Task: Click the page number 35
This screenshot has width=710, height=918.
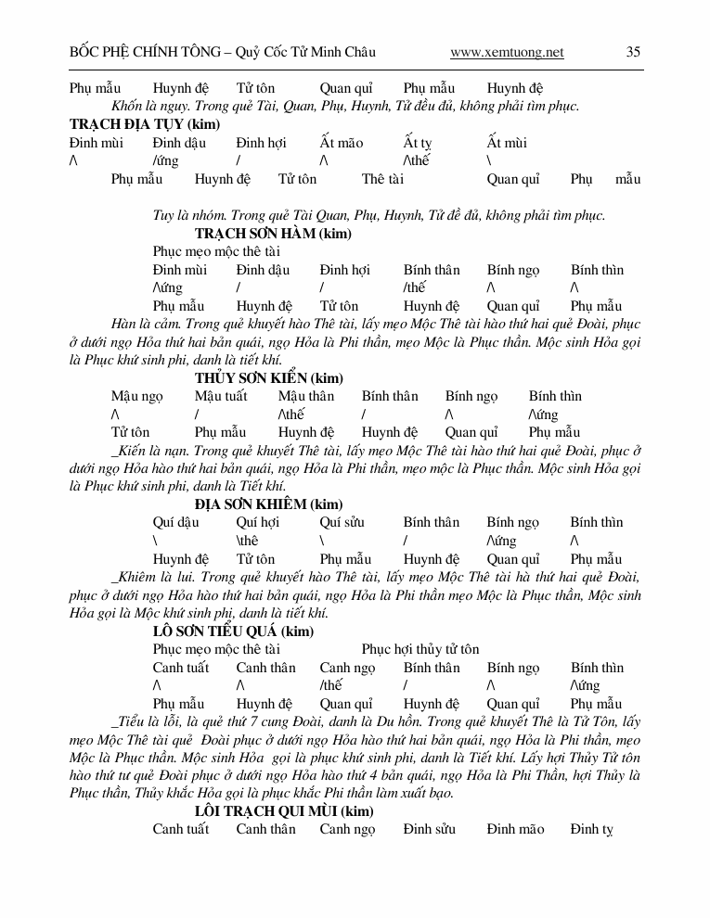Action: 633,52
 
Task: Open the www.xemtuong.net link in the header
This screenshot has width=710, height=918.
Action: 507,53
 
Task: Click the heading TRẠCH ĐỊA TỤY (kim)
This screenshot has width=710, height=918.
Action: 144,124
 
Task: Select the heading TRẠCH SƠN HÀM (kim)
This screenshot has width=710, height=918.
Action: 273,234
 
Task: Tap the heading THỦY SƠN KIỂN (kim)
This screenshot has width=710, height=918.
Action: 268,377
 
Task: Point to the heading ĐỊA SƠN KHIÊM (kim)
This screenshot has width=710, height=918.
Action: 268,504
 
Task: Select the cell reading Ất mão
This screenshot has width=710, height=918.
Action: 341,143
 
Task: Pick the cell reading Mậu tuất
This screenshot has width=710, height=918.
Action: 221,396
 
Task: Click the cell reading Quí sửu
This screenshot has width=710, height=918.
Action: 342,522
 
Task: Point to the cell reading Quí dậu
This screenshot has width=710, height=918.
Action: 175,522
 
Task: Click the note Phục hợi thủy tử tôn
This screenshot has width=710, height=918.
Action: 420,649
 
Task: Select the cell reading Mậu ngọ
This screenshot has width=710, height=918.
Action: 136,396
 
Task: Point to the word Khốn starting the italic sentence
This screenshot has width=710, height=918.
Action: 125,106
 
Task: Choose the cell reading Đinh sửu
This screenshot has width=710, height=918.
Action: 429,829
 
